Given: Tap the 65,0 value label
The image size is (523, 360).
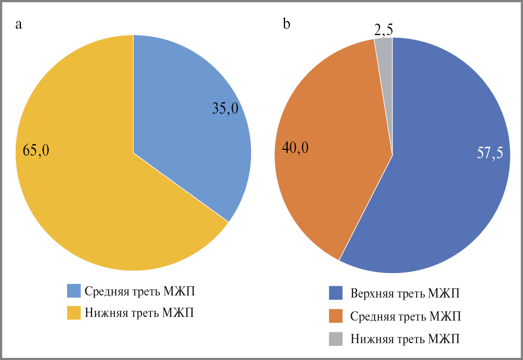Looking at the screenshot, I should [x=37, y=151].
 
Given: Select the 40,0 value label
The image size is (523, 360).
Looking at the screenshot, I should [x=296, y=148].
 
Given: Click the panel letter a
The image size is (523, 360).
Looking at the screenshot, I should [x=18, y=25].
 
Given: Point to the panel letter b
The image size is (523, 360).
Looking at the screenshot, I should [x=286, y=24].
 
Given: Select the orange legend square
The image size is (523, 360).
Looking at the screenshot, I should [x=336, y=316].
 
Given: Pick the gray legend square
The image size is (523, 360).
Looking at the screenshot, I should [x=336, y=339].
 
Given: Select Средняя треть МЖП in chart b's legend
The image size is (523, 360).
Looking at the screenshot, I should [x=406, y=316].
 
